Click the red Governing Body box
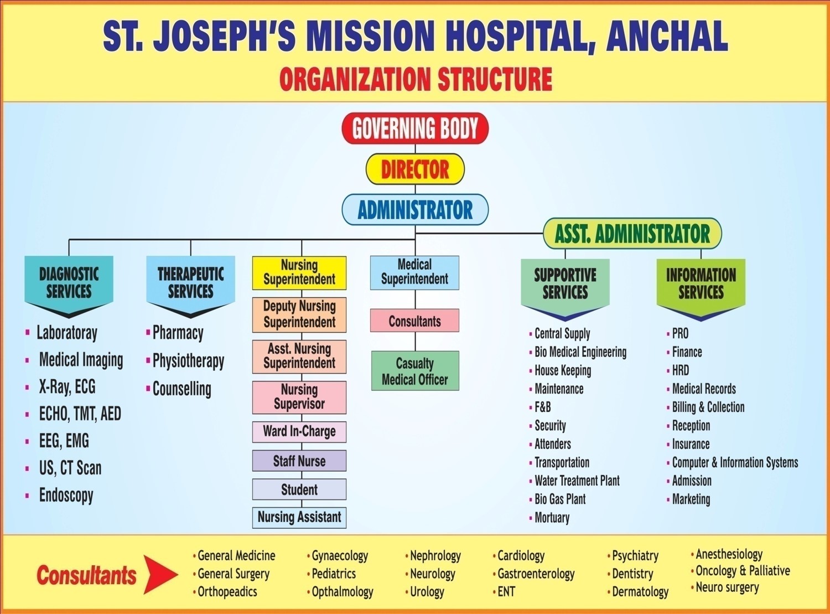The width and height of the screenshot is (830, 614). [x=415, y=128]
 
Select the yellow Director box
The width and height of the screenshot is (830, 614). [x=415, y=169]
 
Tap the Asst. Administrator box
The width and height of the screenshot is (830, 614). [x=632, y=233]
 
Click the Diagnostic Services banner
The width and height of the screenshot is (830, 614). [x=69, y=285]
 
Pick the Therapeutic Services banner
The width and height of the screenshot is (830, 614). [x=190, y=285]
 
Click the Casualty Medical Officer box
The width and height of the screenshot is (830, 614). [x=415, y=371]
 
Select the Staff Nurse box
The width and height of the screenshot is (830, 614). [x=299, y=461]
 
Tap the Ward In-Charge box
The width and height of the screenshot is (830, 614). [x=299, y=432]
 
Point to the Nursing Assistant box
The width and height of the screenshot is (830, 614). [x=299, y=518]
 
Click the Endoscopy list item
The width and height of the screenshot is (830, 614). [x=66, y=496]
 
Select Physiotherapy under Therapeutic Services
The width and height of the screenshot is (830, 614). [x=188, y=361]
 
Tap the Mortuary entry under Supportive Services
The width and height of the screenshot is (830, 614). [x=552, y=518]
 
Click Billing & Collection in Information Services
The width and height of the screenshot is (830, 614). [x=708, y=407]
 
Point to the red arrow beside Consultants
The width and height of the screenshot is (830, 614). [x=160, y=575]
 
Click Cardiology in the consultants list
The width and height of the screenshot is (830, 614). [x=521, y=556]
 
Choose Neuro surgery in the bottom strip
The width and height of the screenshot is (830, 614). [x=727, y=587]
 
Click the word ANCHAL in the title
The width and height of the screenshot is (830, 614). [x=667, y=37]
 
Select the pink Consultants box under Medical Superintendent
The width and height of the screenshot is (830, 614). [x=414, y=321]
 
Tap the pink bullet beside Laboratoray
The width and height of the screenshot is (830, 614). [x=27, y=332]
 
